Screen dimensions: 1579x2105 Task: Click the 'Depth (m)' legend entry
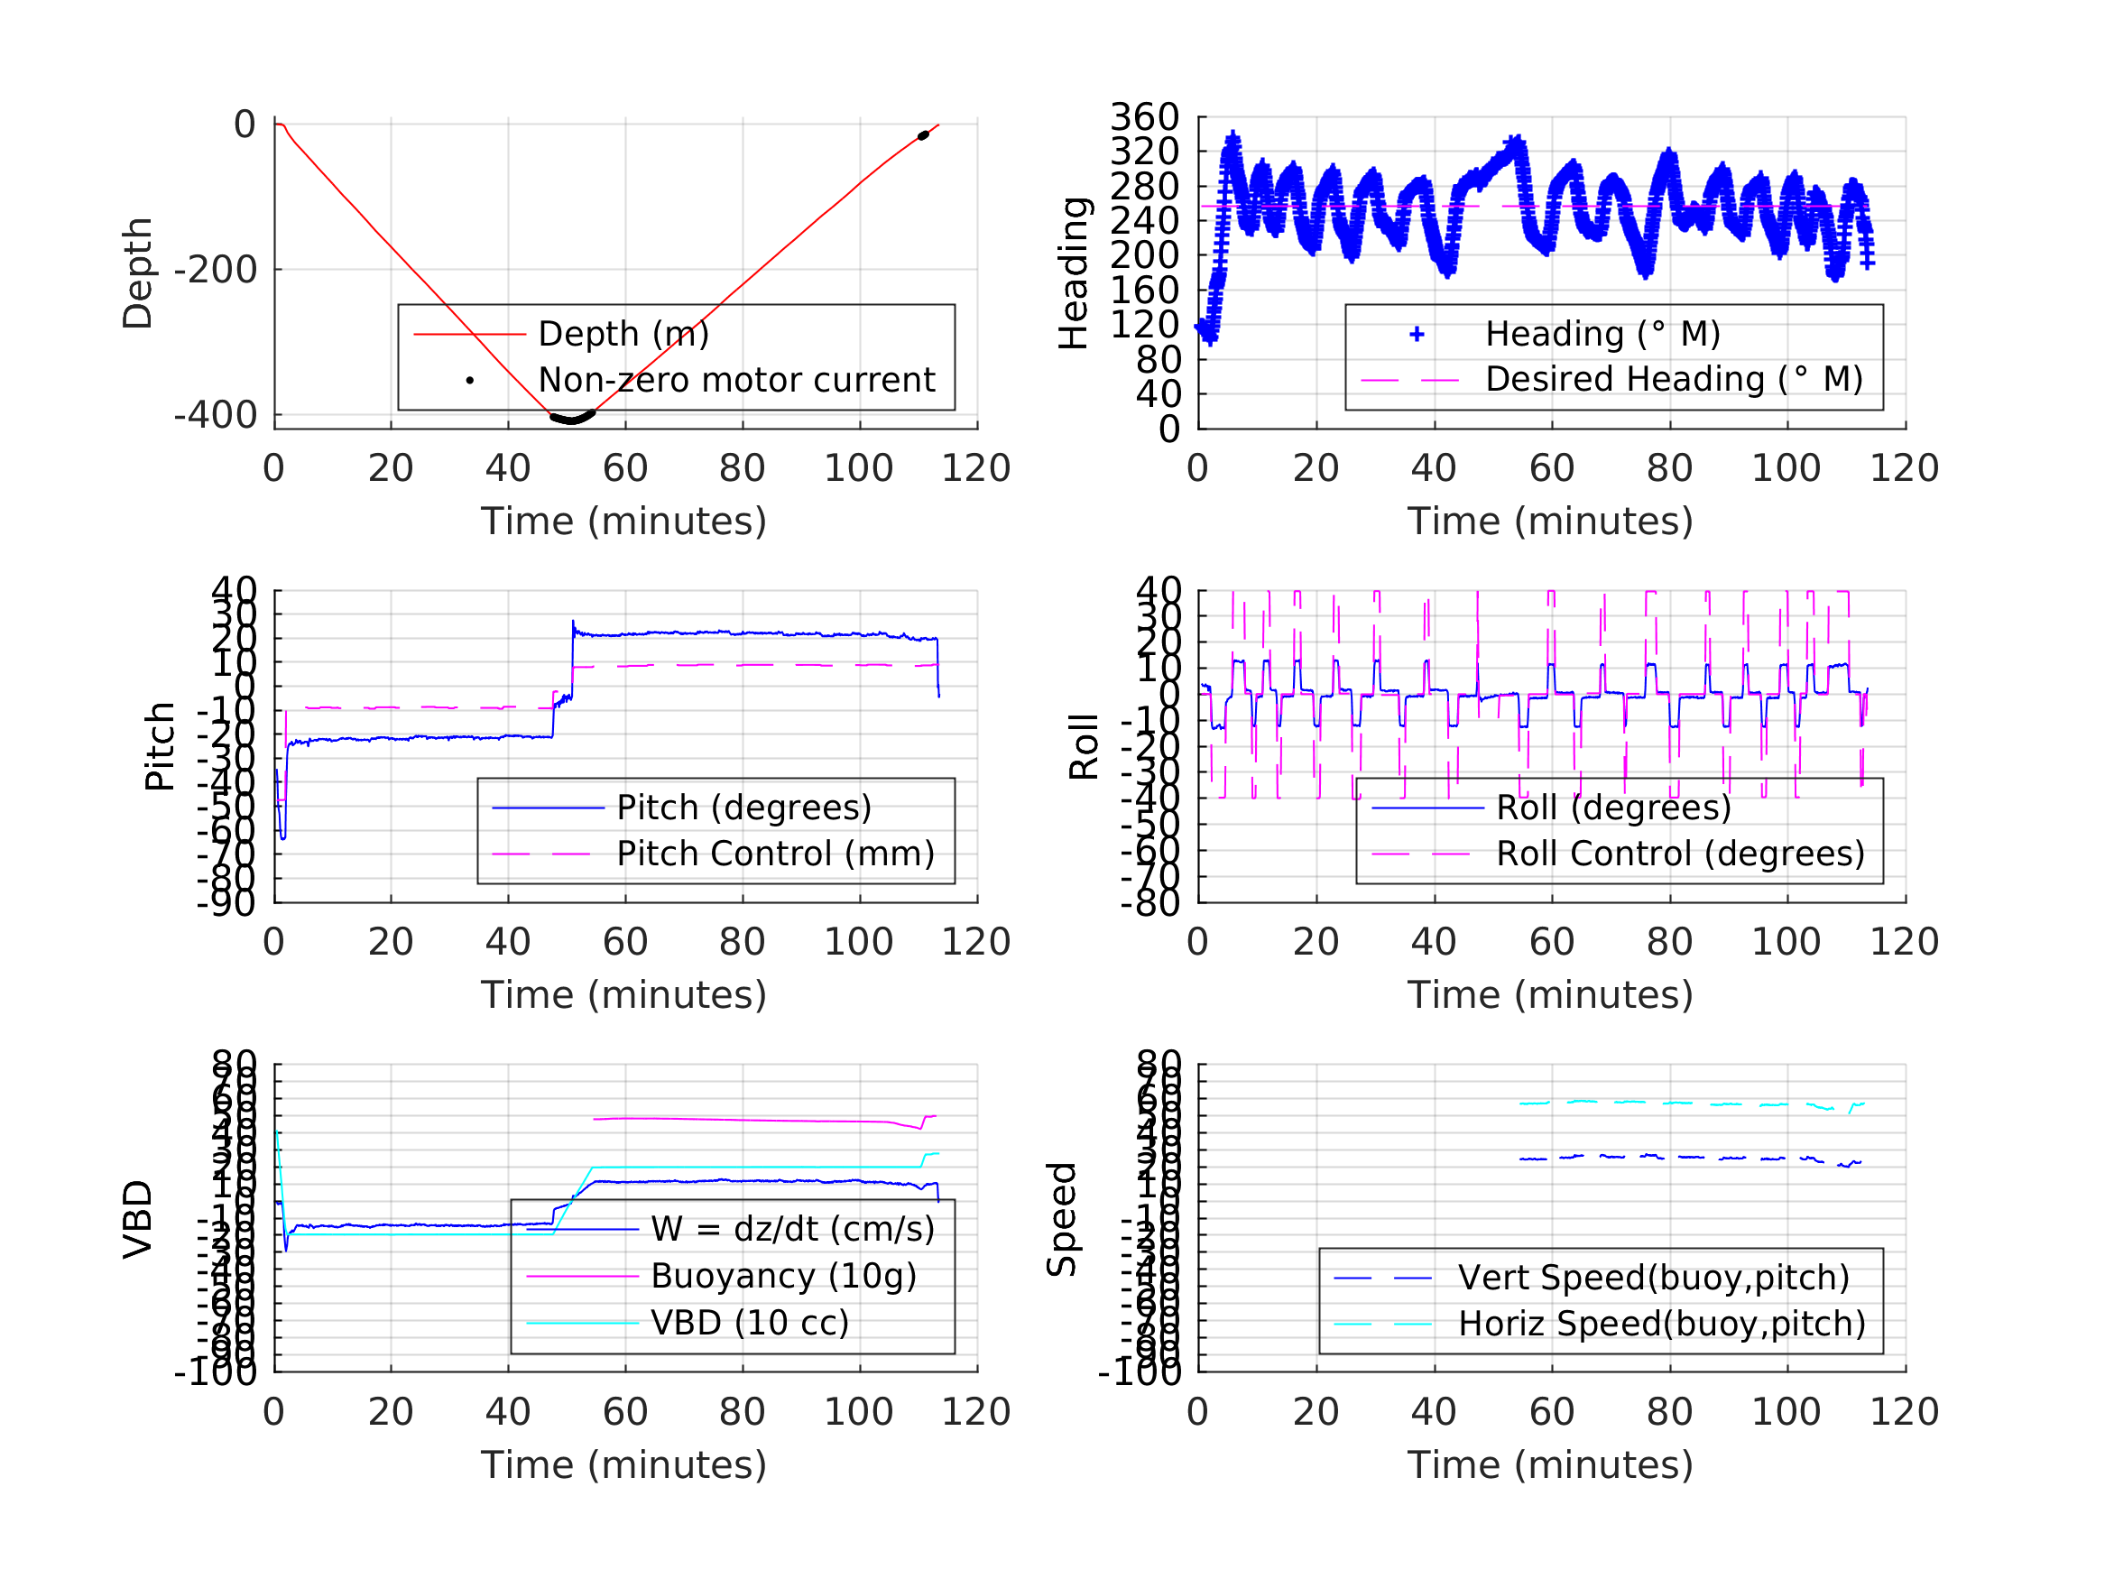tap(623, 334)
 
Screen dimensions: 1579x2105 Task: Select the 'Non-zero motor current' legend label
tap(736, 380)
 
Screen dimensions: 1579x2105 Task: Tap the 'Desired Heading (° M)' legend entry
tap(1674, 379)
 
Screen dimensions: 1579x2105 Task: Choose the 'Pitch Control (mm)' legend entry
tap(776, 853)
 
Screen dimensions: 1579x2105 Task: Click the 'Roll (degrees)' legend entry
tap(1613, 808)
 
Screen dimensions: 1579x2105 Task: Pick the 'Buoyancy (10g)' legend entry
tap(783, 1276)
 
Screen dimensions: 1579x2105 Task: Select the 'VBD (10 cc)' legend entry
tap(749, 1322)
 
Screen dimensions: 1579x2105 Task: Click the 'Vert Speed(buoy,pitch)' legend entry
tap(1653, 1278)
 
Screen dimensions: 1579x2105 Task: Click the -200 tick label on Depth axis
tap(216, 271)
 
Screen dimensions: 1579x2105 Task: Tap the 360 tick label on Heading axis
tap(1145, 117)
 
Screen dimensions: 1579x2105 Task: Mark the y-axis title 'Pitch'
tap(160, 746)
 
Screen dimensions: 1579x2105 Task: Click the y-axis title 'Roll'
tap(1084, 746)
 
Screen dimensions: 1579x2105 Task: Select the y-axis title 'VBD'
tap(138, 1219)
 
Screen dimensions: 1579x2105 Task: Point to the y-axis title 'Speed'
tap(1061, 1219)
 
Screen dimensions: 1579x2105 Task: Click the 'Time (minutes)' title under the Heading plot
tap(1550, 522)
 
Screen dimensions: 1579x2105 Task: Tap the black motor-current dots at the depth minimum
tap(572, 419)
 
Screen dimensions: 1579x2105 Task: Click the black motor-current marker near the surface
tap(922, 136)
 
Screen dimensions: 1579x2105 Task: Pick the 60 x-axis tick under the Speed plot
tap(1551, 1411)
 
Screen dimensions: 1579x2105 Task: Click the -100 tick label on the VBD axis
tap(216, 1371)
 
